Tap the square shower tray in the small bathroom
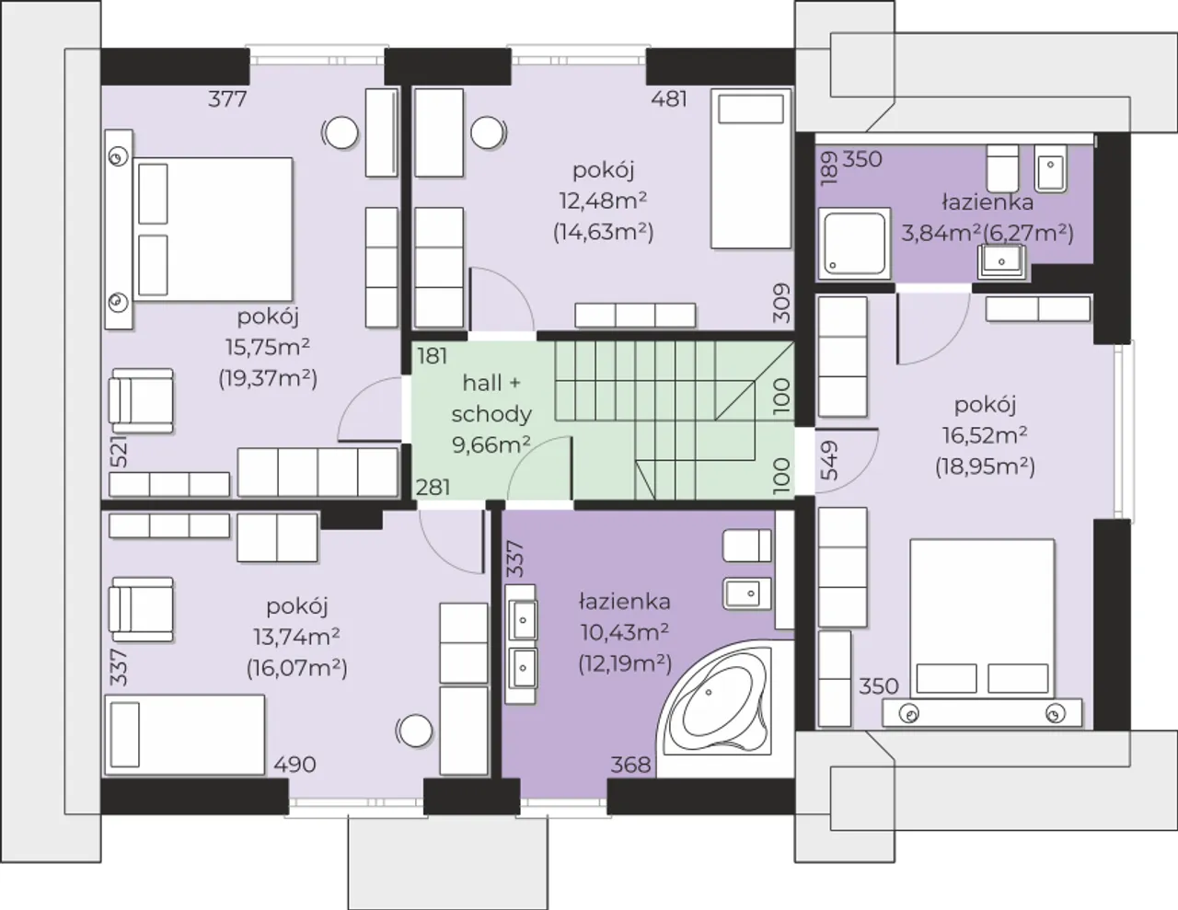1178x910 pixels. (854, 243)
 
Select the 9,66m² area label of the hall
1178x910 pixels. (491, 444)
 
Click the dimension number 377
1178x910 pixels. (227, 99)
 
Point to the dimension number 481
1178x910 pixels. (669, 99)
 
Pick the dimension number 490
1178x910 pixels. (294, 765)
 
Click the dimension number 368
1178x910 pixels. (630, 765)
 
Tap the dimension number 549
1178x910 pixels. (829, 461)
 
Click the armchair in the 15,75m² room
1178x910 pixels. (141, 401)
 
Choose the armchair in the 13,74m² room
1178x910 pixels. (141, 610)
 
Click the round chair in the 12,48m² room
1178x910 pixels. (488, 132)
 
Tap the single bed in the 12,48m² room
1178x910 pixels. (751, 168)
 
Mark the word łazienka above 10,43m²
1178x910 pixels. (625, 602)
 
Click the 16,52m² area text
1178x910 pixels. (985, 435)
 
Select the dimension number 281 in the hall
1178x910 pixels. (433, 488)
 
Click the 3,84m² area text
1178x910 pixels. (941, 233)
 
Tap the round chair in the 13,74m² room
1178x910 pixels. (415, 730)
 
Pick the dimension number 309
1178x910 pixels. (781, 303)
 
